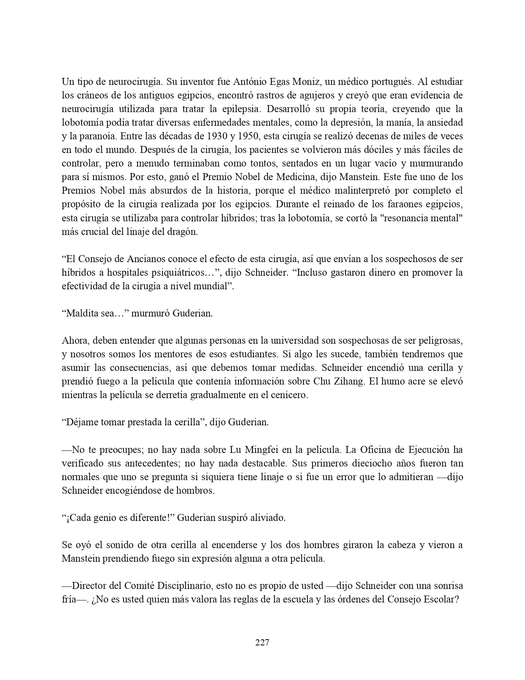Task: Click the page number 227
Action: point(262,642)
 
